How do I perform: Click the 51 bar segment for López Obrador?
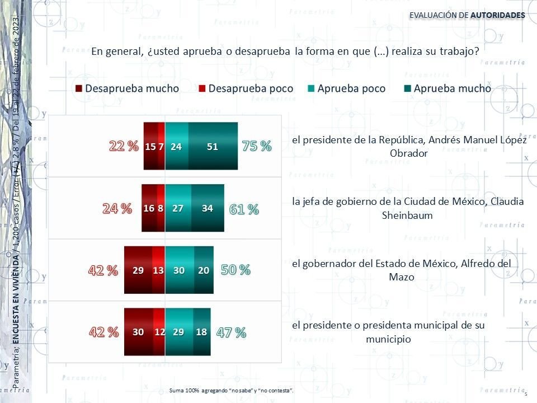(213, 146)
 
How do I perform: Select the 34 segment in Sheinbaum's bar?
(208, 208)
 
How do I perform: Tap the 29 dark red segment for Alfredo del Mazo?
(138, 270)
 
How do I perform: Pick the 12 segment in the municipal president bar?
(159, 332)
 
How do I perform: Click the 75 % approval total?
(257, 147)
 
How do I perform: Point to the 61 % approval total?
(244, 210)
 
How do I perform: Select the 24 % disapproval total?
(117, 209)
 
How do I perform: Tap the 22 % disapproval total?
(123, 147)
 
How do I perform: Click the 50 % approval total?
(235, 270)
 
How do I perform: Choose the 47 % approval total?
(232, 332)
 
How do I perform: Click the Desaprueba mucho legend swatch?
(79, 89)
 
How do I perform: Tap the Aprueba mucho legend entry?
(447, 88)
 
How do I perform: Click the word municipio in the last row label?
(388, 339)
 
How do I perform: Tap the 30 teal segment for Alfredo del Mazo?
(179, 270)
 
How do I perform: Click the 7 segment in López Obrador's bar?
(161, 146)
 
